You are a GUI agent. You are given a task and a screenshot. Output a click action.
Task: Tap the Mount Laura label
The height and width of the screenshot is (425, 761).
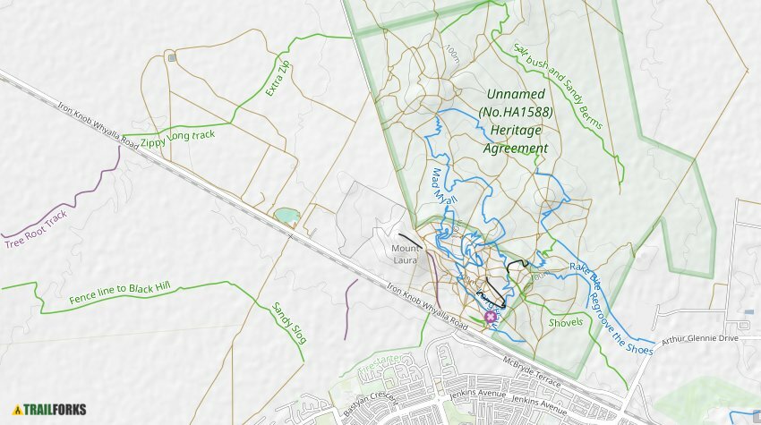coord(406,253)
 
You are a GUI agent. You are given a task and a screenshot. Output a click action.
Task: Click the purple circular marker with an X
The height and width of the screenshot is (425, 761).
coord(490,317)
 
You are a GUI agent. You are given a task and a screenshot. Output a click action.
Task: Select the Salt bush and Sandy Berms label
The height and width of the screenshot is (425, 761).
coord(559,87)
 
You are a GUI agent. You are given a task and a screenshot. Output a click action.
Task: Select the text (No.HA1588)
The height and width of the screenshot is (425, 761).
coord(516,112)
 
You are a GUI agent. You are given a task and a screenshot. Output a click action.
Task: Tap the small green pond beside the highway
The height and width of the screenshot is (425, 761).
coord(287,216)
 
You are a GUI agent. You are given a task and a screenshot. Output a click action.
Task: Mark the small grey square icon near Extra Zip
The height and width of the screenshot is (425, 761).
coord(171,57)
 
